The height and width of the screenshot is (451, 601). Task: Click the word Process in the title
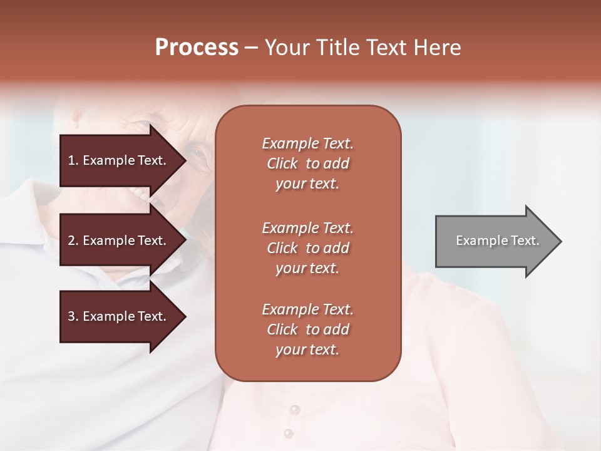click(x=197, y=48)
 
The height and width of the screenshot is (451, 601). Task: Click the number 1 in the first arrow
click(x=71, y=160)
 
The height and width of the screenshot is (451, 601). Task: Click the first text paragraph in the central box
click(x=307, y=163)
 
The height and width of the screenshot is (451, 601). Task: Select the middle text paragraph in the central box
click(x=307, y=248)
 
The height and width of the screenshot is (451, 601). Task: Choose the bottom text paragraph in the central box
click(x=307, y=329)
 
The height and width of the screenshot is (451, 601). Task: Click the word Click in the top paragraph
click(x=282, y=163)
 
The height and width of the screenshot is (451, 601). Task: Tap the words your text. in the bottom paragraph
click(x=307, y=350)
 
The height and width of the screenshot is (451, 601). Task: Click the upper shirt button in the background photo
click(x=294, y=410)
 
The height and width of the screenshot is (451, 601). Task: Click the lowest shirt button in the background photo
click(x=288, y=433)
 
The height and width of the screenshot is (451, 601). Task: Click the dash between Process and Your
click(x=251, y=48)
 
